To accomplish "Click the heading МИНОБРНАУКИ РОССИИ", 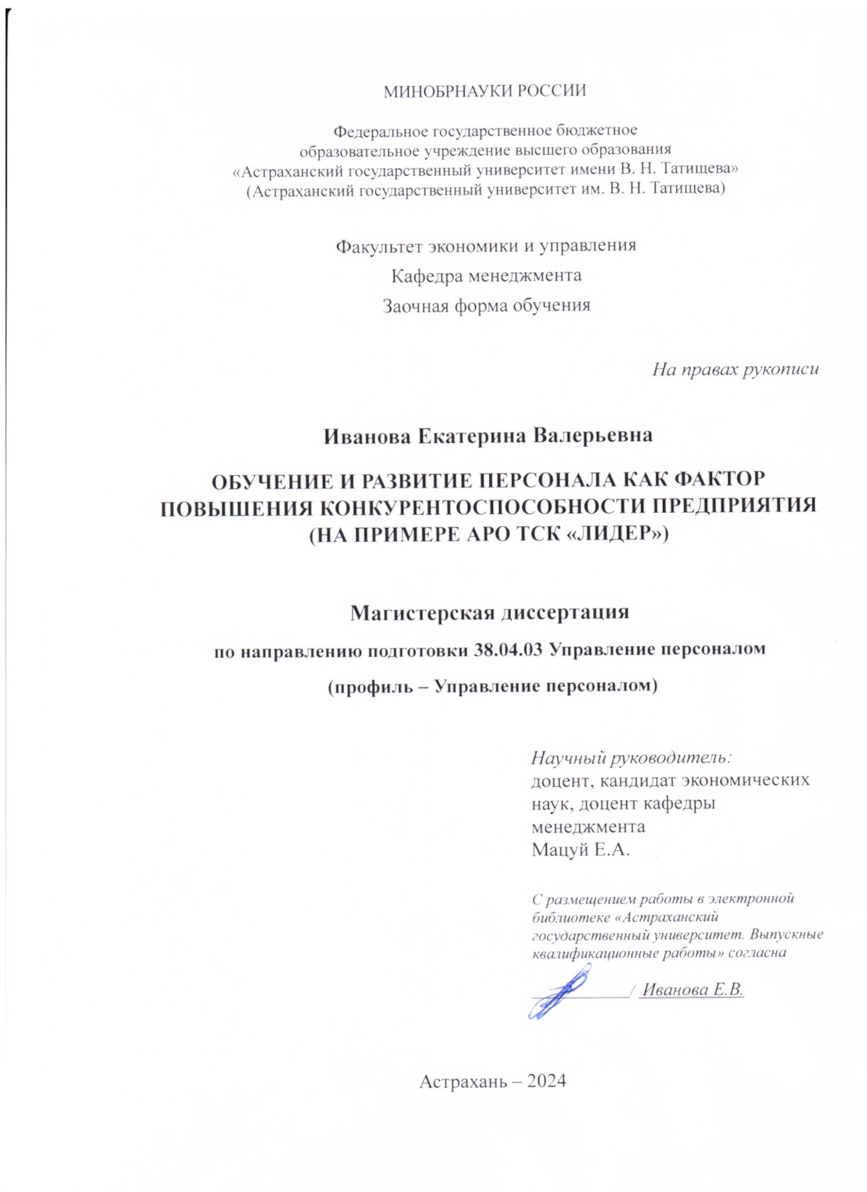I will pos(484,91).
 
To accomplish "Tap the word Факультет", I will pos(379,246).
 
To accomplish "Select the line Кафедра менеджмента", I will pos(487,276).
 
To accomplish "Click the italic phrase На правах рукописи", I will pos(735,369).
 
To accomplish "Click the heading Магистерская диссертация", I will pos(489,612).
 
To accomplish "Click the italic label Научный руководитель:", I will pos(630,758).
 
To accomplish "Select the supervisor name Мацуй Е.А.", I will pos(580,849).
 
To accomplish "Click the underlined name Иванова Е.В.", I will pos(692,990).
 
